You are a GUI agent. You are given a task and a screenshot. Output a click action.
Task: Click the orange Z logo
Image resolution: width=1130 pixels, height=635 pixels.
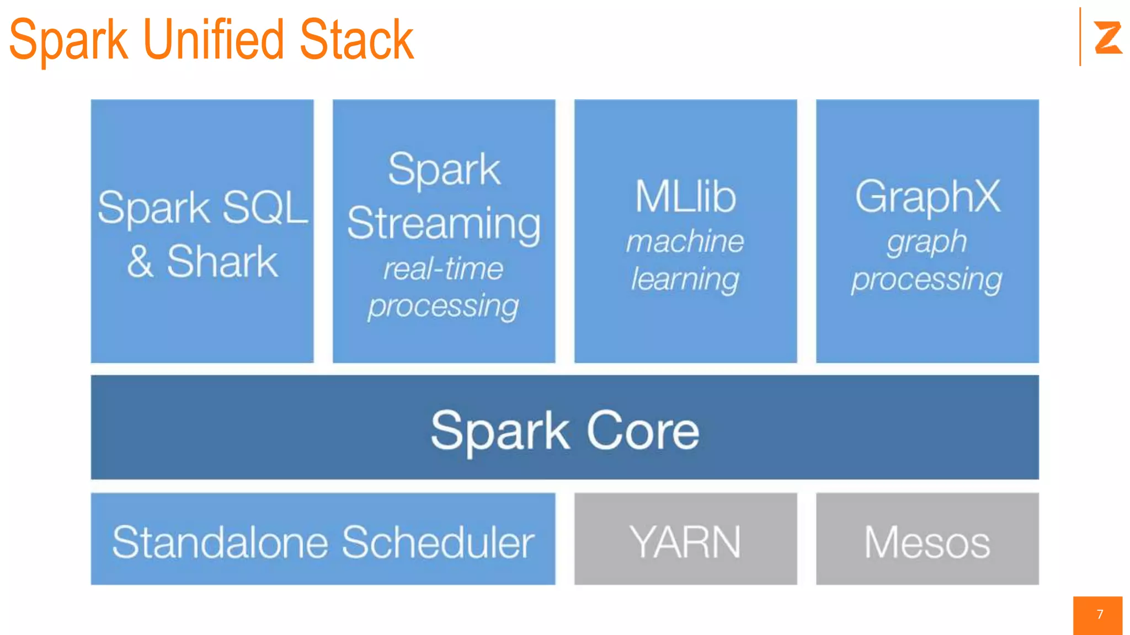coord(1107,37)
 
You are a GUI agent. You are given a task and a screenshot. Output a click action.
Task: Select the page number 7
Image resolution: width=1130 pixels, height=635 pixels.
coord(1100,615)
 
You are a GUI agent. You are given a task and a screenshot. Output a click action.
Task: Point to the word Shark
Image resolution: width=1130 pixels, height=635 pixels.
coord(222,262)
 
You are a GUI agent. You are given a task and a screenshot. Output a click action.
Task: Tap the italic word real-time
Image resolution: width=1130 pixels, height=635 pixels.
coord(443,269)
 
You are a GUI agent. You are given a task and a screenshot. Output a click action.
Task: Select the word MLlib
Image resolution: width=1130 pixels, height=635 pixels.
coord(685,197)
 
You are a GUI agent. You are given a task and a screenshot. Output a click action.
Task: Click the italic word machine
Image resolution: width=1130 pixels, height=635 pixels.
coord(685,241)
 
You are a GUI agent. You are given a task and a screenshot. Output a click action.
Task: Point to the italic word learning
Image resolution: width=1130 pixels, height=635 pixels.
coord(685,279)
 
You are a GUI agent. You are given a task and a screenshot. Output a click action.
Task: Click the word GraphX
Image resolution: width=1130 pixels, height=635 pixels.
coord(927,197)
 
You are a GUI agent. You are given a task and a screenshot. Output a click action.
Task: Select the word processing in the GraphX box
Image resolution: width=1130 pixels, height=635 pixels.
coord(927,279)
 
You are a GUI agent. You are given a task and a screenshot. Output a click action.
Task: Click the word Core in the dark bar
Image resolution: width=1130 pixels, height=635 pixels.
coord(643,430)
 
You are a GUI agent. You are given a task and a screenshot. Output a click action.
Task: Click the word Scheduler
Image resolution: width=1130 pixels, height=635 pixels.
coord(438,542)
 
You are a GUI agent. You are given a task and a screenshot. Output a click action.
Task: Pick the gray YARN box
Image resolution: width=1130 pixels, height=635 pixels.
coord(685,539)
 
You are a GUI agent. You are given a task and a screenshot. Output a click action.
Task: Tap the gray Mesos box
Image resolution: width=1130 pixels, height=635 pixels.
coord(927,539)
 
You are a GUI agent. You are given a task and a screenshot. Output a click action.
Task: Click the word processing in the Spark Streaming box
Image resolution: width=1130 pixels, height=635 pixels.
coord(444,306)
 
